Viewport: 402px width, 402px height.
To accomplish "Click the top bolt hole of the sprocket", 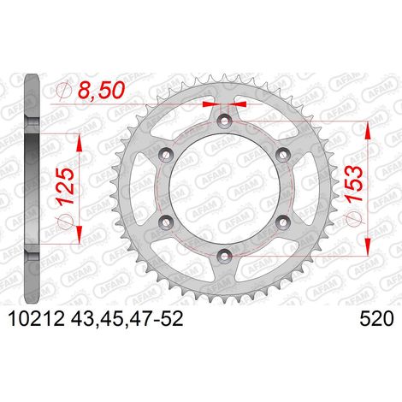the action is coord(225,121).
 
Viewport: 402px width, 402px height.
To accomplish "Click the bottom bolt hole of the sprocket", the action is coord(225,255).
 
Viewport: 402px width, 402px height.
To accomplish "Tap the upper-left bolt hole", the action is coord(167,155).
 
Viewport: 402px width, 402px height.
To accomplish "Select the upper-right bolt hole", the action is coord(282,155).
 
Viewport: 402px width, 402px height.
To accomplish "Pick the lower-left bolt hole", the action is coord(167,222).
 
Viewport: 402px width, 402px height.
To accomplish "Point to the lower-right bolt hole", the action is coord(282,222).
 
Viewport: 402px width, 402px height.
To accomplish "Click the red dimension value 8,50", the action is coord(102,90).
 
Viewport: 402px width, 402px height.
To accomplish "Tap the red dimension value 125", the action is coord(67,186).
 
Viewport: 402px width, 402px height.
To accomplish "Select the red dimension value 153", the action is coord(354,184).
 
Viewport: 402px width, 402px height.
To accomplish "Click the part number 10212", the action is coord(37,319).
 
